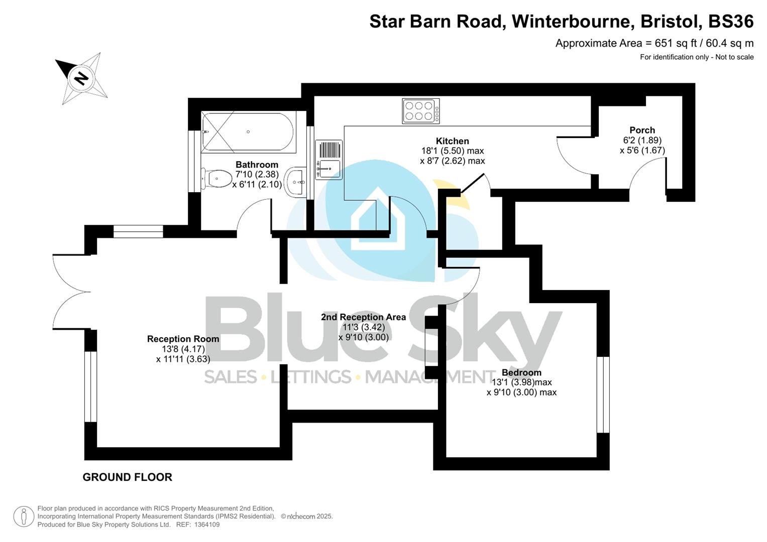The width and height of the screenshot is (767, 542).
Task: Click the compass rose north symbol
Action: (81, 78)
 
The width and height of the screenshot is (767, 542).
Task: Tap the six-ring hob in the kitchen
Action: (420, 111)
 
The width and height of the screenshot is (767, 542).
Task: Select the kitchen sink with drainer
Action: (329, 160)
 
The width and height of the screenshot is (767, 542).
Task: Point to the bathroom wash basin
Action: (296, 181)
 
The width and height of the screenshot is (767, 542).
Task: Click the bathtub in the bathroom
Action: (248, 132)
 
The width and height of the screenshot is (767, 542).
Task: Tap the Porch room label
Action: (642, 130)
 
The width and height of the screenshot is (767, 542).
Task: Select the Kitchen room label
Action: (452, 141)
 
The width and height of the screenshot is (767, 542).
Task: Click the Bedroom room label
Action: (521, 372)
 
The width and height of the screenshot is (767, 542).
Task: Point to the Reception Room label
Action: (183, 339)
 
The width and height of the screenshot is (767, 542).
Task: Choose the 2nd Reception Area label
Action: (363, 317)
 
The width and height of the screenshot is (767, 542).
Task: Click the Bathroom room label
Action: (257, 165)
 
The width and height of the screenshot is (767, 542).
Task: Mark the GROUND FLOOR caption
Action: (127, 477)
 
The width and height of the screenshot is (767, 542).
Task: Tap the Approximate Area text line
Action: (654, 43)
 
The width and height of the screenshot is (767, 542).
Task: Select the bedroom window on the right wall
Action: (603, 394)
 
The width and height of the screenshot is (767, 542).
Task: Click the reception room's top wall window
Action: (138, 231)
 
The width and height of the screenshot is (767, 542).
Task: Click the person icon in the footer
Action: (23, 516)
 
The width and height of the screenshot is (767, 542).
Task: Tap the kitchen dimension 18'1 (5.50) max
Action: (452, 151)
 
